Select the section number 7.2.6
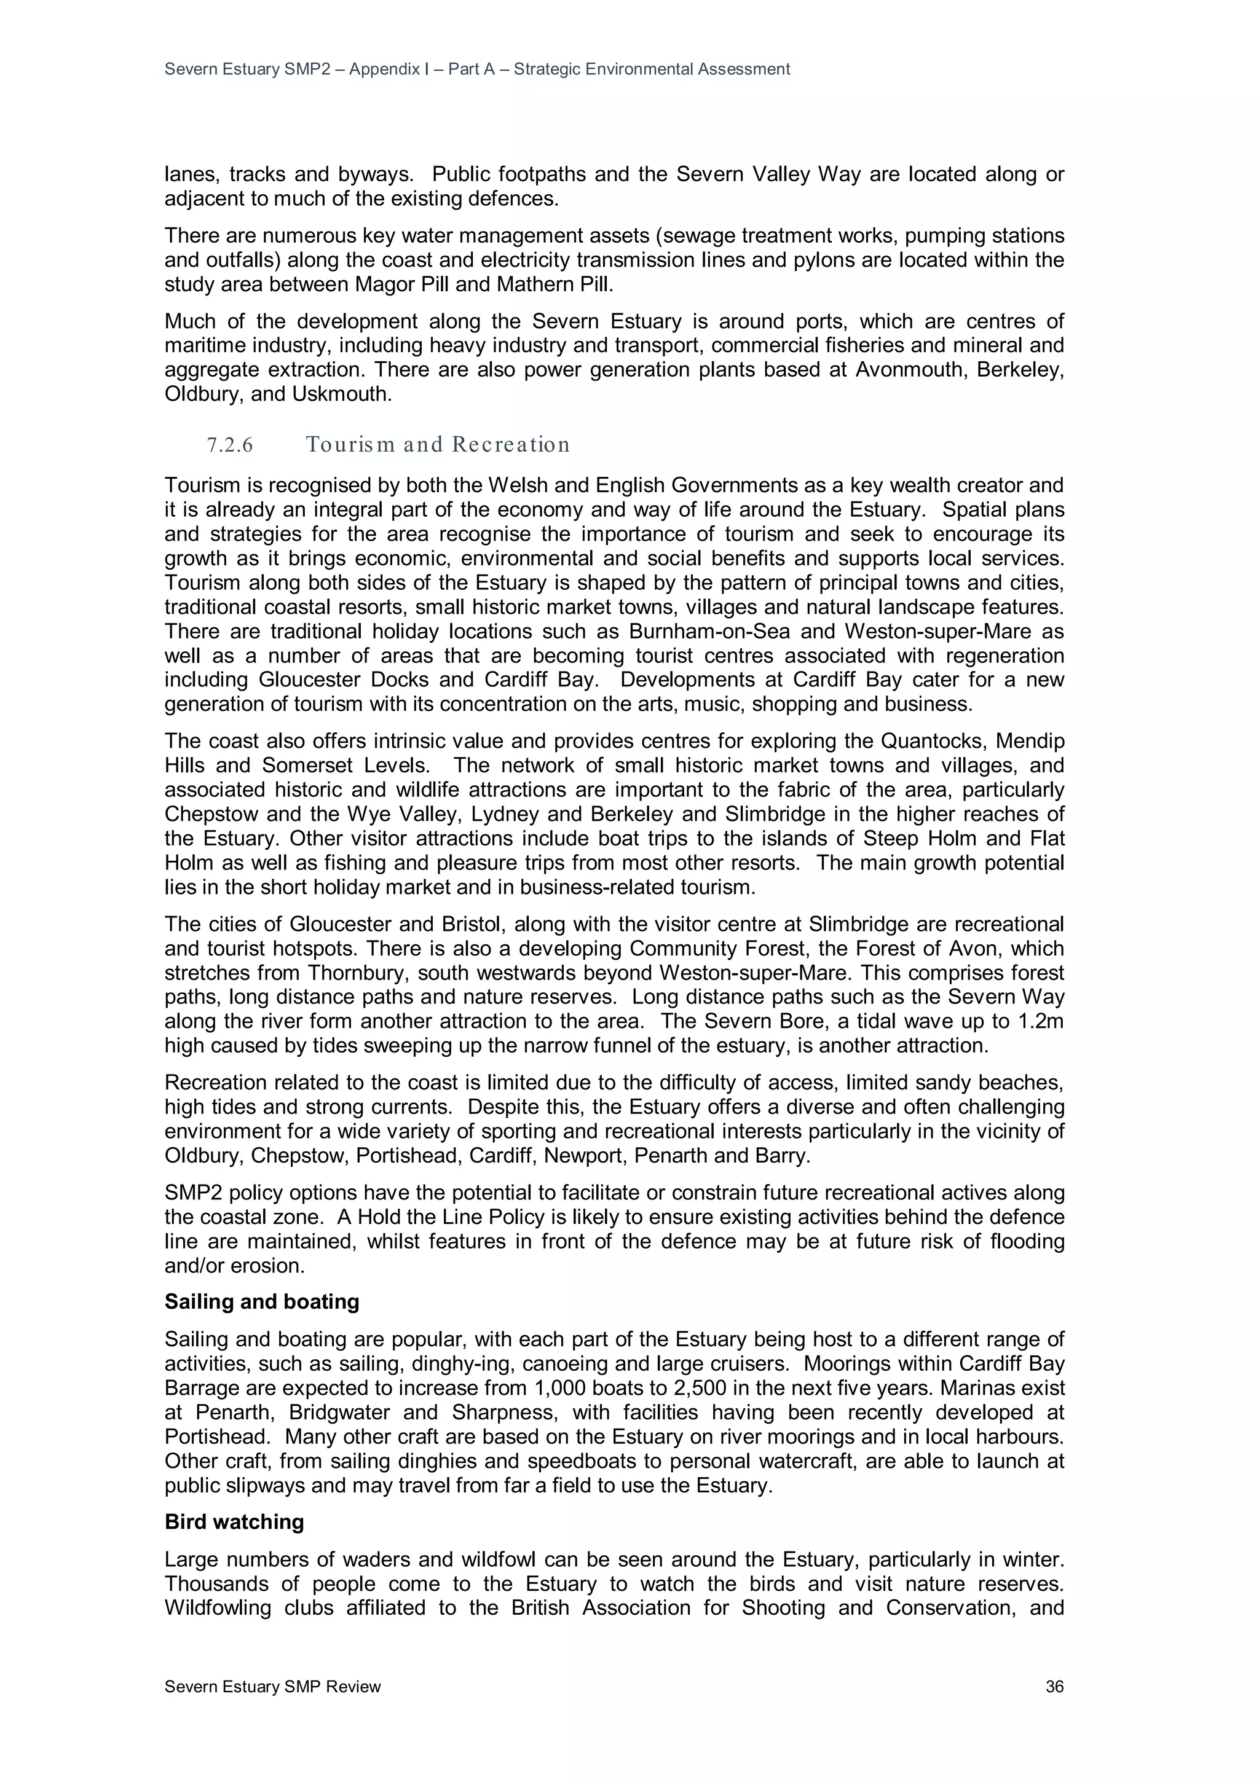(230, 445)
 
